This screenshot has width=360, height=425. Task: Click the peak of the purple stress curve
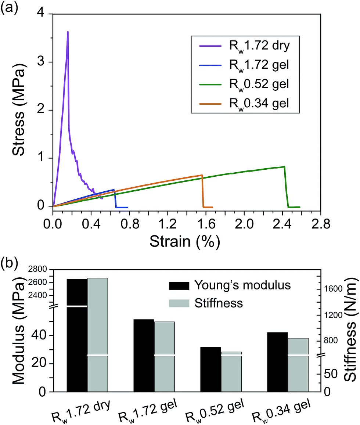68,32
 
